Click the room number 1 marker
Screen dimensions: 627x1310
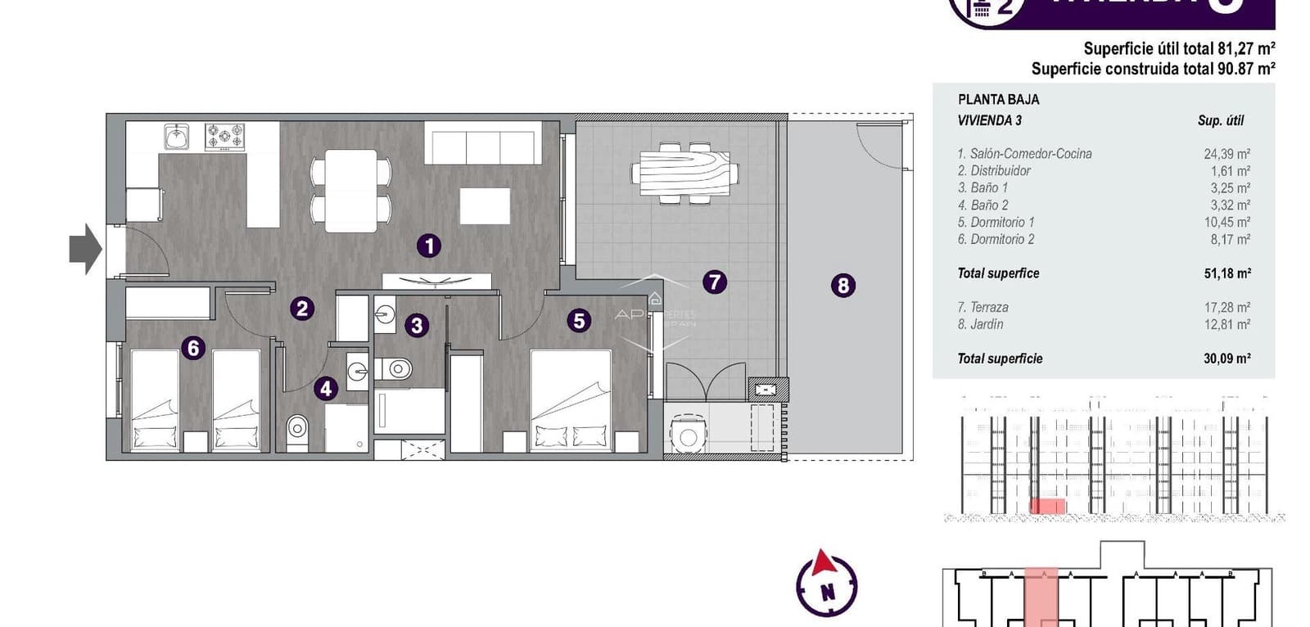(x=428, y=246)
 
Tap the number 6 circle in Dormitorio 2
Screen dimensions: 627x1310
(x=193, y=348)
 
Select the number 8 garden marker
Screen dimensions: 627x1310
(x=842, y=286)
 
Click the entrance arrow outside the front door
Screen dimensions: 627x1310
(x=84, y=249)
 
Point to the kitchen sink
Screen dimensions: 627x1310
(x=177, y=137)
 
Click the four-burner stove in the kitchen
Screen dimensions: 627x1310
(x=224, y=137)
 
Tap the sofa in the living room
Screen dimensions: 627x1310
(x=483, y=143)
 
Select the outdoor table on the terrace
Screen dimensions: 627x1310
(x=684, y=173)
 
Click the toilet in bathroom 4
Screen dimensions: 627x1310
(x=297, y=428)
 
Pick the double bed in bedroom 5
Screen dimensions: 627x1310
(x=571, y=401)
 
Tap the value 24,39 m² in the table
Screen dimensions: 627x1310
(x=1226, y=154)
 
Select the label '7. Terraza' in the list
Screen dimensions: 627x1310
(x=982, y=308)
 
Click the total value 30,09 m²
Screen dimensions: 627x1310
(x=1226, y=359)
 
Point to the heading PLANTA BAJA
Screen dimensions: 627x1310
(x=998, y=100)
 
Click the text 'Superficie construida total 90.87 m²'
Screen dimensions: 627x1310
(x=1152, y=70)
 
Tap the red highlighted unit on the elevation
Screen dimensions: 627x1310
(x=1047, y=507)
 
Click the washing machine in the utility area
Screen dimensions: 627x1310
(x=687, y=435)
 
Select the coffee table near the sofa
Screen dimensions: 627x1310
(x=485, y=205)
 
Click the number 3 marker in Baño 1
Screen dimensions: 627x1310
(x=416, y=326)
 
